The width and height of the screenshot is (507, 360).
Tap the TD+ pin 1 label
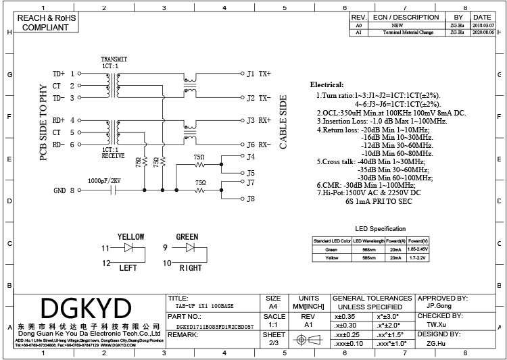tap(62, 73)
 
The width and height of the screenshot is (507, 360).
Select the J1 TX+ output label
tap(258, 73)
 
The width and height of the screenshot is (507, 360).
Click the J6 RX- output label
tap(258, 145)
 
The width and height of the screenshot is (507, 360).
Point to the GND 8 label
tap(64, 191)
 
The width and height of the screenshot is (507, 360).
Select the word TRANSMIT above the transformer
tap(114, 59)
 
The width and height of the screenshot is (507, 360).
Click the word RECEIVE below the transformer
tap(113, 155)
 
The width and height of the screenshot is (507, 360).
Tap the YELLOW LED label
tap(130, 237)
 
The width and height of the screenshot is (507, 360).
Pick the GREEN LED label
tap(187, 237)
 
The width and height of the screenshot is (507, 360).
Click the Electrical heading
tap(327, 85)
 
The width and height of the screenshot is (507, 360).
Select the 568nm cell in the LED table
tap(368, 249)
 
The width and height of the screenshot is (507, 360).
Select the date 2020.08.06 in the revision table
tap(482, 32)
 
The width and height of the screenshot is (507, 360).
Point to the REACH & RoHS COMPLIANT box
tap(45, 23)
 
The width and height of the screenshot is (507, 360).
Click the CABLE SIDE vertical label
tap(283, 122)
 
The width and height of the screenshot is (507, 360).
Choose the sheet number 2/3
tap(273, 343)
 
